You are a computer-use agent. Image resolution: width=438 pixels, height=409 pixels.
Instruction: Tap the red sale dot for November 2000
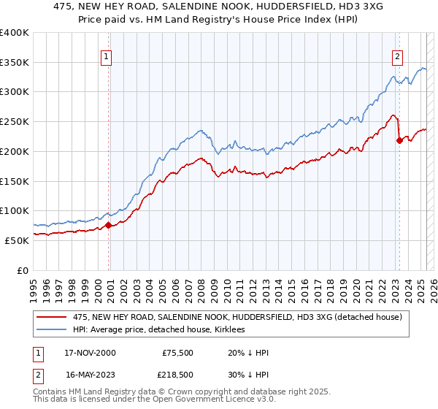click(108, 225)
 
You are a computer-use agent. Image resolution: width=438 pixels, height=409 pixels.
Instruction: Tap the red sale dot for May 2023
click(399, 141)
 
